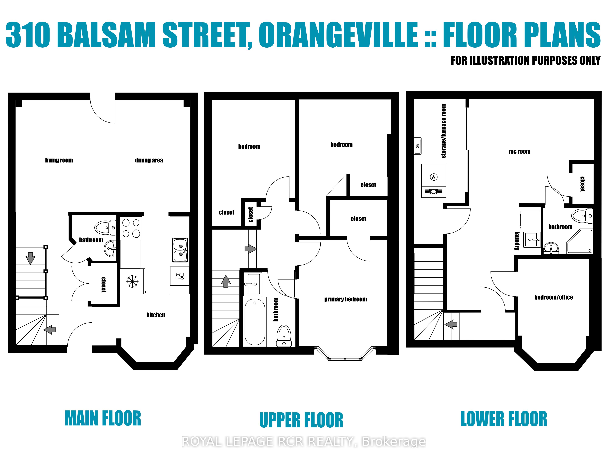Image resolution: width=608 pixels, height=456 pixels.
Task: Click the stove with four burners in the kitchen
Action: click(131, 228)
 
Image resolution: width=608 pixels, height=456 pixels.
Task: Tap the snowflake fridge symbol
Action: click(133, 281)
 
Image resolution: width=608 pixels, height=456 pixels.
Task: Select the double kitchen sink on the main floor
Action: click(180, 250)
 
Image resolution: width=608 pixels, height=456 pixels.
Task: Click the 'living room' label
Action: click(59, 160)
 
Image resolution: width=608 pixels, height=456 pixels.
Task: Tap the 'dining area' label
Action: click(149, 160)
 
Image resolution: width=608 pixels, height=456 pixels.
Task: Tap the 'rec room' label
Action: click(519, 151)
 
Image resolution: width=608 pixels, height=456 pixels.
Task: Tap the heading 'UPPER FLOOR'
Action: click(301, 420)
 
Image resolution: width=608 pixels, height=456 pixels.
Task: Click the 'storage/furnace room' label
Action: click(443, 131)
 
